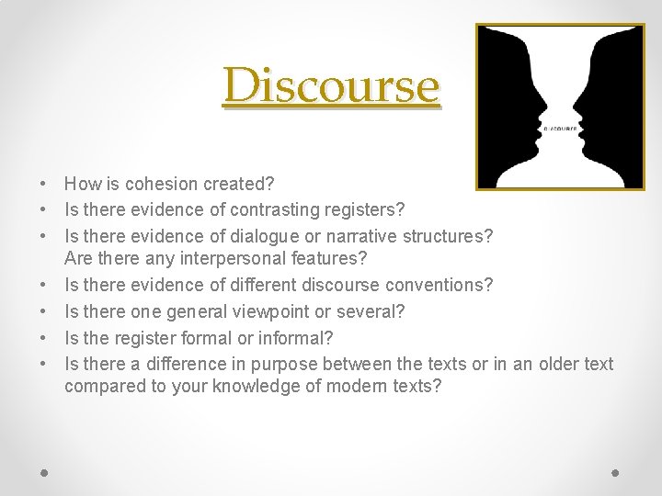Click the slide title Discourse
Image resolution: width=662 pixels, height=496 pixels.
click(x=331, y=86)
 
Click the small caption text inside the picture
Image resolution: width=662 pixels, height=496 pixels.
click(x=559, y=129)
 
